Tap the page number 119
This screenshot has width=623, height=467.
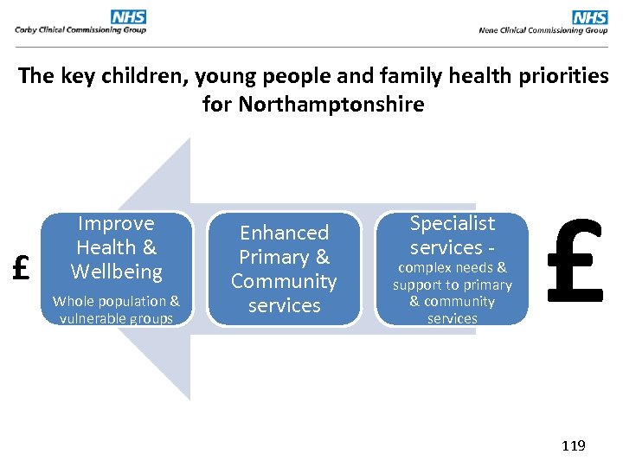(x=573, y=446)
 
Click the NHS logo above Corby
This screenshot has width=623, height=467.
(x=128, y=16)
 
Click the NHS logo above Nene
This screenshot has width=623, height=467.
(x=590, y=16)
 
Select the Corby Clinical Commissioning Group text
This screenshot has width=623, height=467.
(x=80, y=30)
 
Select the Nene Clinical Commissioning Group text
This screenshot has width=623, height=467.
(x=543, y=30)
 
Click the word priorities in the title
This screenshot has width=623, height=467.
(x=562, y=76)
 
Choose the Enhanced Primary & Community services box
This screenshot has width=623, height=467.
(x=284, y=269)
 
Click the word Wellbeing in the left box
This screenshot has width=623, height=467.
(x=116, y=272)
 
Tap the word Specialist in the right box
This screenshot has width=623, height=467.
(x=452, y=223)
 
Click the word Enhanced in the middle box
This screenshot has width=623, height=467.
(x=284, y=233)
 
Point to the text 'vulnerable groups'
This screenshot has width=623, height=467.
(x=116, y=318)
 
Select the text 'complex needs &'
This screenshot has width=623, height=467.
(x=452, y=268)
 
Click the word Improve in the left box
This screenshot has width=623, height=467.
(x=116, y=223)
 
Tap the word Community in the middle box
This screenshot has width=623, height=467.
(x=284, y=281)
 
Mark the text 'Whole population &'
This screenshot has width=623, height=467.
(x=116, y=301)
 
